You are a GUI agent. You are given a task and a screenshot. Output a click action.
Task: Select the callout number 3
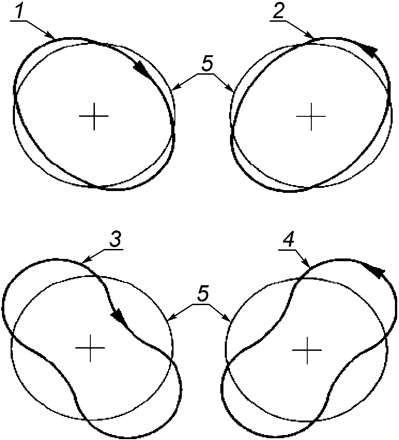tap(115, 240)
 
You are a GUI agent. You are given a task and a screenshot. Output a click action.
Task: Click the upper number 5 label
tap(206, 66)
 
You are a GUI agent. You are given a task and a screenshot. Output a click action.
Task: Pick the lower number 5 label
tap(202, 294)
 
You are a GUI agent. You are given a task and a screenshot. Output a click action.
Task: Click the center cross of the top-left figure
tap(94, 116)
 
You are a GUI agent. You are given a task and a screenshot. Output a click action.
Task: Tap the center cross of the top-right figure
tap(310, 116)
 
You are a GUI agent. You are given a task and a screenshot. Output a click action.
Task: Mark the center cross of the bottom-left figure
tap(90, 348)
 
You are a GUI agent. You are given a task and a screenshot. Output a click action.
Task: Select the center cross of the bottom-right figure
tap(307, 350)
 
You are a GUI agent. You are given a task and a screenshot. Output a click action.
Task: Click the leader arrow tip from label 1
tap(55, 38)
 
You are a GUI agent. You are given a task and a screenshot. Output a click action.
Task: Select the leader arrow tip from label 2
tap(313, 38)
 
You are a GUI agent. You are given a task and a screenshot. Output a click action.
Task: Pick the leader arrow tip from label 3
tap(83, 261)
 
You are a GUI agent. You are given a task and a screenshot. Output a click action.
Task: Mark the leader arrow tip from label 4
tap(308, 267)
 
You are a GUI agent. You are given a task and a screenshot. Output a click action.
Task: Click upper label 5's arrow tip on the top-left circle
tap(173, 89)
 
